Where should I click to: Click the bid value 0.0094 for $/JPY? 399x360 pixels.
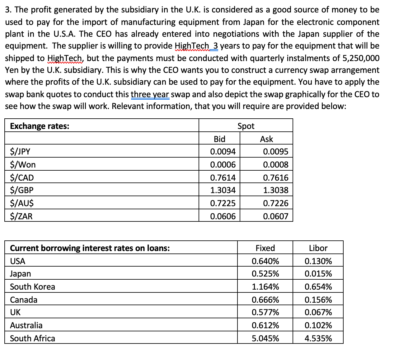[223, 152]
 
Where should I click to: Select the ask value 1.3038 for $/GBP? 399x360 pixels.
[275, 190]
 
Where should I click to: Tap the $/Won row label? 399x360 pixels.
[23, 164]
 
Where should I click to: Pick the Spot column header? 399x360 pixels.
[246, 126]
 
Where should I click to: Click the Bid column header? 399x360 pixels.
[219, 139]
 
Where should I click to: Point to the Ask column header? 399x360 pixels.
[266, 139]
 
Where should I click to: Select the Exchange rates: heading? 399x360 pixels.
[40, 126]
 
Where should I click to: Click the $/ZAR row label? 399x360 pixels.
[21, 216]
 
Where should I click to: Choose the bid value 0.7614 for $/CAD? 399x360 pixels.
[223, 178]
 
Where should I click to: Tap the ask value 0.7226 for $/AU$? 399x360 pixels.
[275, 203]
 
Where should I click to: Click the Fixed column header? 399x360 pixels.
[265, 248]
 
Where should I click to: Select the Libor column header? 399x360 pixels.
[318, 248]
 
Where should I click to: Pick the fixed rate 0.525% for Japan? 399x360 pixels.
[265, 274]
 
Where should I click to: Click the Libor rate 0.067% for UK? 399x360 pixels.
[318, 312]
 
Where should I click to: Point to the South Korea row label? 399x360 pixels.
[32, 287]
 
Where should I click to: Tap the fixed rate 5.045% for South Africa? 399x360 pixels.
[265, 338]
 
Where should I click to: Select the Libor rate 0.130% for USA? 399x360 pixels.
[318, 261]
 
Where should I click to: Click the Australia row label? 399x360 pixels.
[26, 325]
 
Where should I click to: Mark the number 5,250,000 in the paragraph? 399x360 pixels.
[361, 58]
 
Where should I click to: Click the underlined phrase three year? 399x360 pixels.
[150, 94]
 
